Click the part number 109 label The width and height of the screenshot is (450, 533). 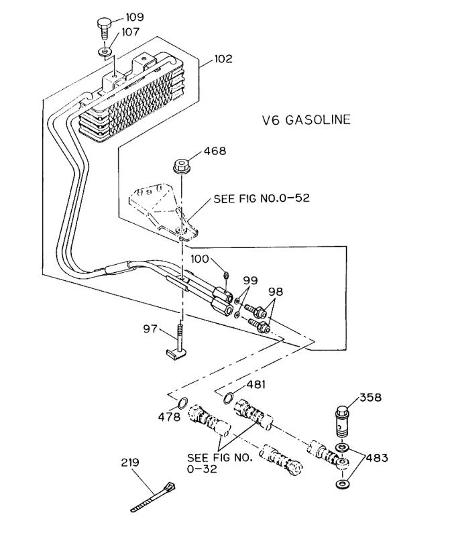click(x=135, y=17)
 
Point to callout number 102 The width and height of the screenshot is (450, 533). click(x=223, y=59)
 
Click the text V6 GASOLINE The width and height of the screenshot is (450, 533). click(x=306, y=120)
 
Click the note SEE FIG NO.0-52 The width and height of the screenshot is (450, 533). click(x=262, y=198)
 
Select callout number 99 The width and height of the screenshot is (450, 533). click(x=250, y=281)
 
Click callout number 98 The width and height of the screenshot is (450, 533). click(x=276, y=292)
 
